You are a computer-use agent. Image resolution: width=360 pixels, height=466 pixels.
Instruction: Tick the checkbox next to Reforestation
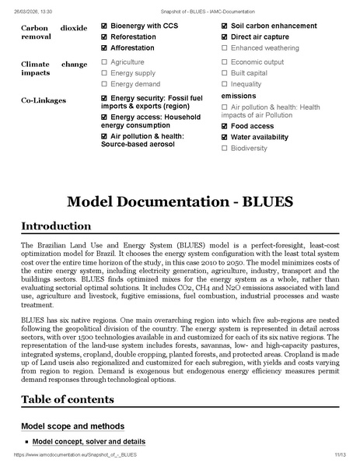tap(104, 37)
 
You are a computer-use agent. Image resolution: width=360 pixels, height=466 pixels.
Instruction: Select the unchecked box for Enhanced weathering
tap(225, 48)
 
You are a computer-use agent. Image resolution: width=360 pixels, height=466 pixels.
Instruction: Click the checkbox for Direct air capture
tap(225, 37)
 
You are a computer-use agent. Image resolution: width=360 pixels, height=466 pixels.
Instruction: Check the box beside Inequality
tap(225, 84)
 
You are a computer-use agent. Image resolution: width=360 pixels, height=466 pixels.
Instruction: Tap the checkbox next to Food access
tap(225, 126)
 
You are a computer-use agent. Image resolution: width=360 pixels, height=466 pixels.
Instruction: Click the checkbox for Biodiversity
tap(225, 148)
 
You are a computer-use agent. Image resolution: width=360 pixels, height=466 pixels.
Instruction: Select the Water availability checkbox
tap(225, 137)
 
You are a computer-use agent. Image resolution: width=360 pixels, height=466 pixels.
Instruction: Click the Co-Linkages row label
tap(43, 100)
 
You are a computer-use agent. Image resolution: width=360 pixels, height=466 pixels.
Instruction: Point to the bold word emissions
tap(239, 96)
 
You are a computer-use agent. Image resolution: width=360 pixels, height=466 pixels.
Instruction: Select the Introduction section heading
tap(56, 226)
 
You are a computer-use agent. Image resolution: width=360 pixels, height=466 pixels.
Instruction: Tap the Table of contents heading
tap(68, 400)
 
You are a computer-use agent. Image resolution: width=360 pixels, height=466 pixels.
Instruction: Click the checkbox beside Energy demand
tap(104, 84)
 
